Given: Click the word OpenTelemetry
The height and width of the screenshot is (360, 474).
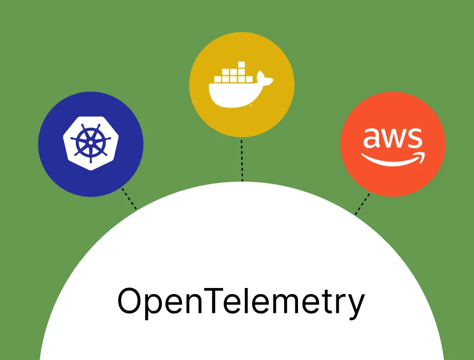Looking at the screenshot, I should [241, 301].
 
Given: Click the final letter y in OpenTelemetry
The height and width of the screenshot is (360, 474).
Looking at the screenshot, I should [354, 305].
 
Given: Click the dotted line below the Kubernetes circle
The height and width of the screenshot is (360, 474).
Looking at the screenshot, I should [129, 198].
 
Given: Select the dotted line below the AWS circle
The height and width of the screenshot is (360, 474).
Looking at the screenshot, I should [362, 204].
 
